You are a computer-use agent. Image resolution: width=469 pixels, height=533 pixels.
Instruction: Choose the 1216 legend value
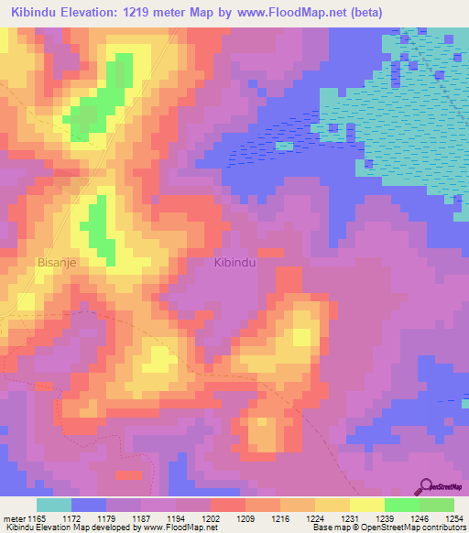click(279, 519)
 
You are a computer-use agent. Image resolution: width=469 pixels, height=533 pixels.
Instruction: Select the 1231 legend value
click(349, 519)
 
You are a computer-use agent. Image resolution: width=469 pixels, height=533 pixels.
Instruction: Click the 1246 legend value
click(419, 519)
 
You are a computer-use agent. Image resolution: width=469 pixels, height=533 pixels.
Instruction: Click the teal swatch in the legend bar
click(54, 505)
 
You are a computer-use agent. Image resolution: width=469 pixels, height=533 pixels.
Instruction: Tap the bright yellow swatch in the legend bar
click(366, 505)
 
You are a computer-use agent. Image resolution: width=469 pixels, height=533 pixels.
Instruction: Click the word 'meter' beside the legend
click(14, 519)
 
